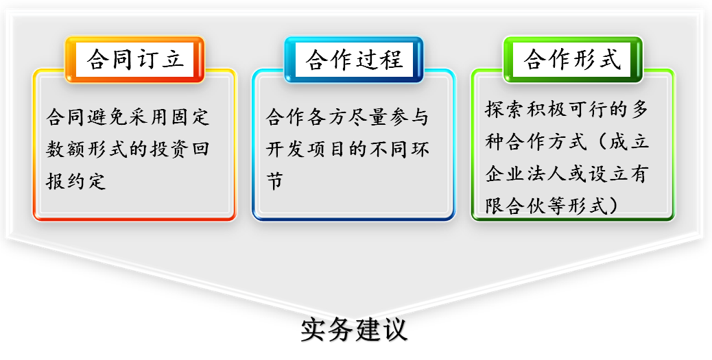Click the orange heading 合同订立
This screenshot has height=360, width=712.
point(135,60)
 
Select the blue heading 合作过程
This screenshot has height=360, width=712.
point(354,60)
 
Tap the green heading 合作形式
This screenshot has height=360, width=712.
point(573,60)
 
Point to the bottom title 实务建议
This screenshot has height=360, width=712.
point(354,329)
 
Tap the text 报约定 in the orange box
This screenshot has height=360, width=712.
point(76,180)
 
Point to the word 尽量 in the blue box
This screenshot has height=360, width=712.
point(368,117)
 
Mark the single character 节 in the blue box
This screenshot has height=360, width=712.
point(275,180)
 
